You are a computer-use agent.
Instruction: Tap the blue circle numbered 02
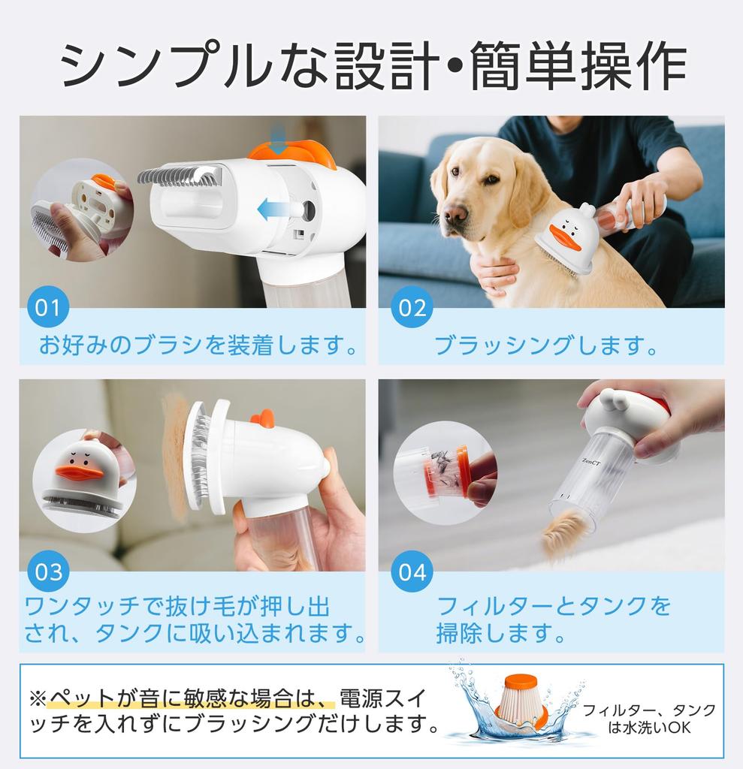(412, 308)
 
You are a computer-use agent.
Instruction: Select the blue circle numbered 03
(49, 572)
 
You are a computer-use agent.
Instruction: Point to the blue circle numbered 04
(412, 573)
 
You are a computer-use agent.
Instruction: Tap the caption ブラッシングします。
(546, 346)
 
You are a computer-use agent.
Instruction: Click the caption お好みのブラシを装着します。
(197, 346)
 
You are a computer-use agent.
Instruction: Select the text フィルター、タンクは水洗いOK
(649, 718)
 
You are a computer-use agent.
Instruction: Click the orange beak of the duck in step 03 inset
(79, 472)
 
